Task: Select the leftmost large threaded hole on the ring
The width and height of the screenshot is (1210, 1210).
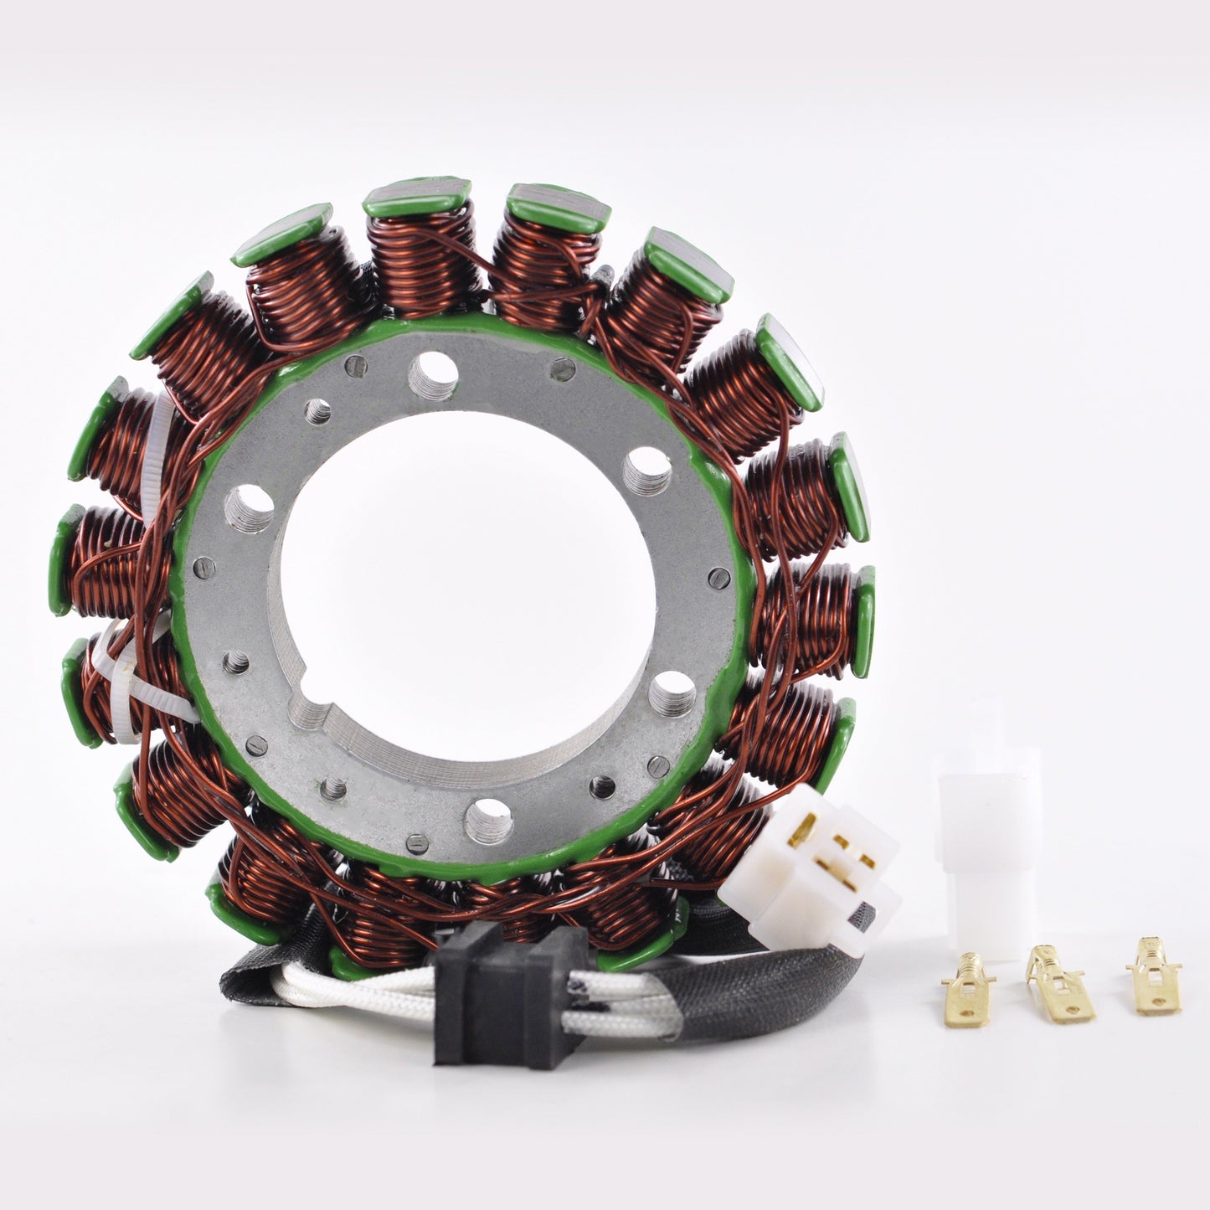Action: coord(250,507)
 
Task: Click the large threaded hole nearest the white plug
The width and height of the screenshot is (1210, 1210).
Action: coord(672,693)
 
